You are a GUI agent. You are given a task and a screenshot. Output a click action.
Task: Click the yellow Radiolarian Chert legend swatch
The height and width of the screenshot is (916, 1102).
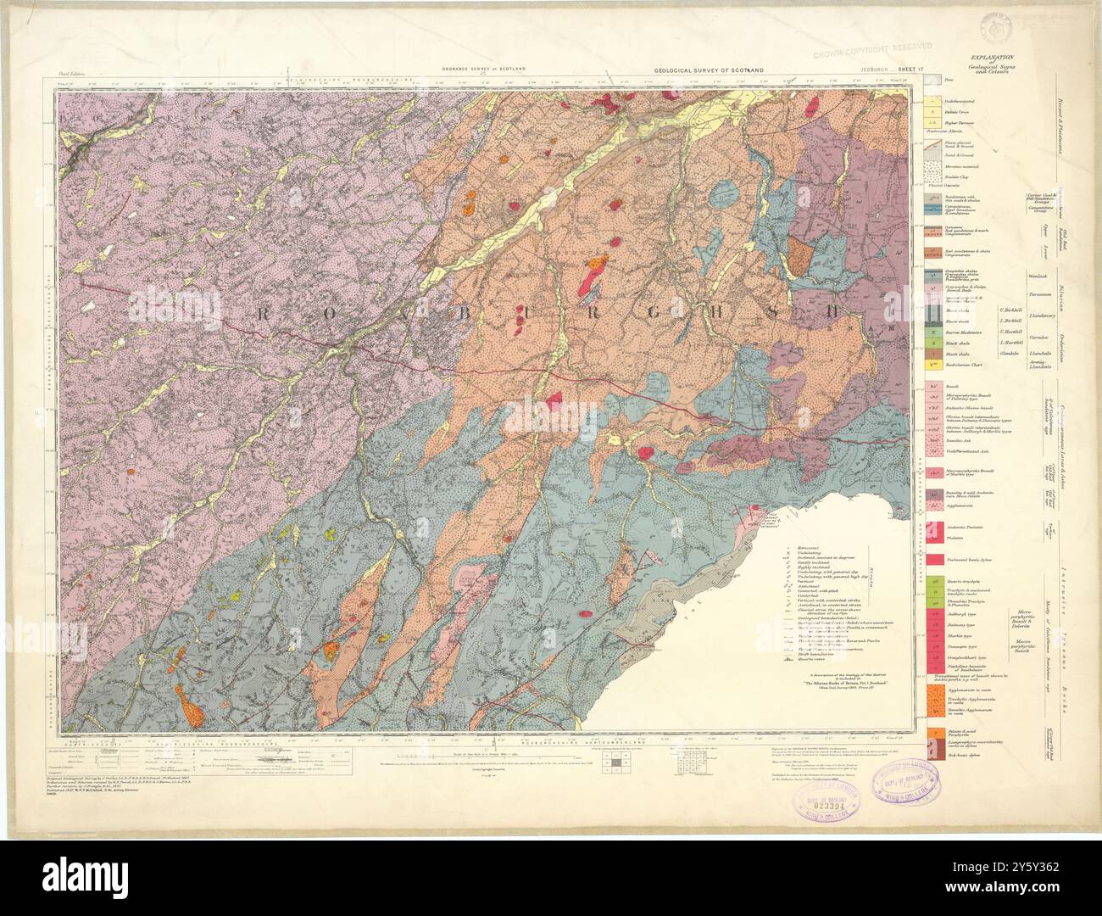pos(931,364)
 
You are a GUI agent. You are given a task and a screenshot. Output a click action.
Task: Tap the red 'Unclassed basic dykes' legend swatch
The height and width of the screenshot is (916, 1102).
pos(931,561)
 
